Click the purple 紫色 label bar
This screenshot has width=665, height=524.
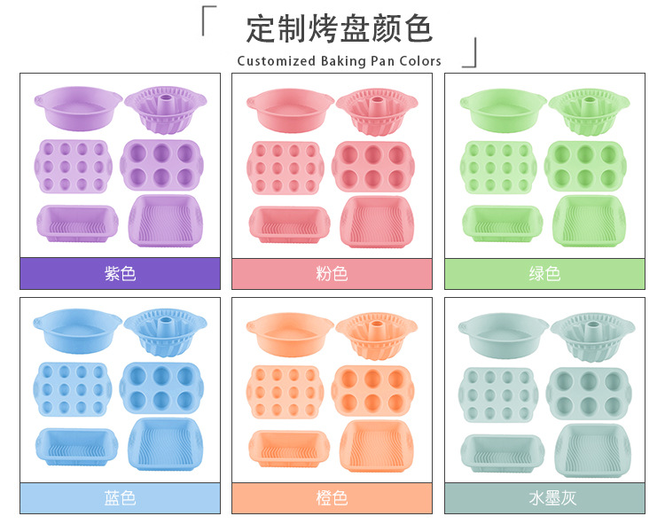pos(120,273)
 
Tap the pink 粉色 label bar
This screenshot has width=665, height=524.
pos(332,273)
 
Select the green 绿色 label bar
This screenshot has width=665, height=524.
pos(544,273)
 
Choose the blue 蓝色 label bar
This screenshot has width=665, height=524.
pos(120,497)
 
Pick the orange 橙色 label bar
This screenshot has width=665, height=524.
pos(332,497)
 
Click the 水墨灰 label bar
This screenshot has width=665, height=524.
pos(544,497)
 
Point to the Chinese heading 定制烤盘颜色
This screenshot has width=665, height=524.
pos(340,29)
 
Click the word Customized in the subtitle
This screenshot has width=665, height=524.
pos(276,61)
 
